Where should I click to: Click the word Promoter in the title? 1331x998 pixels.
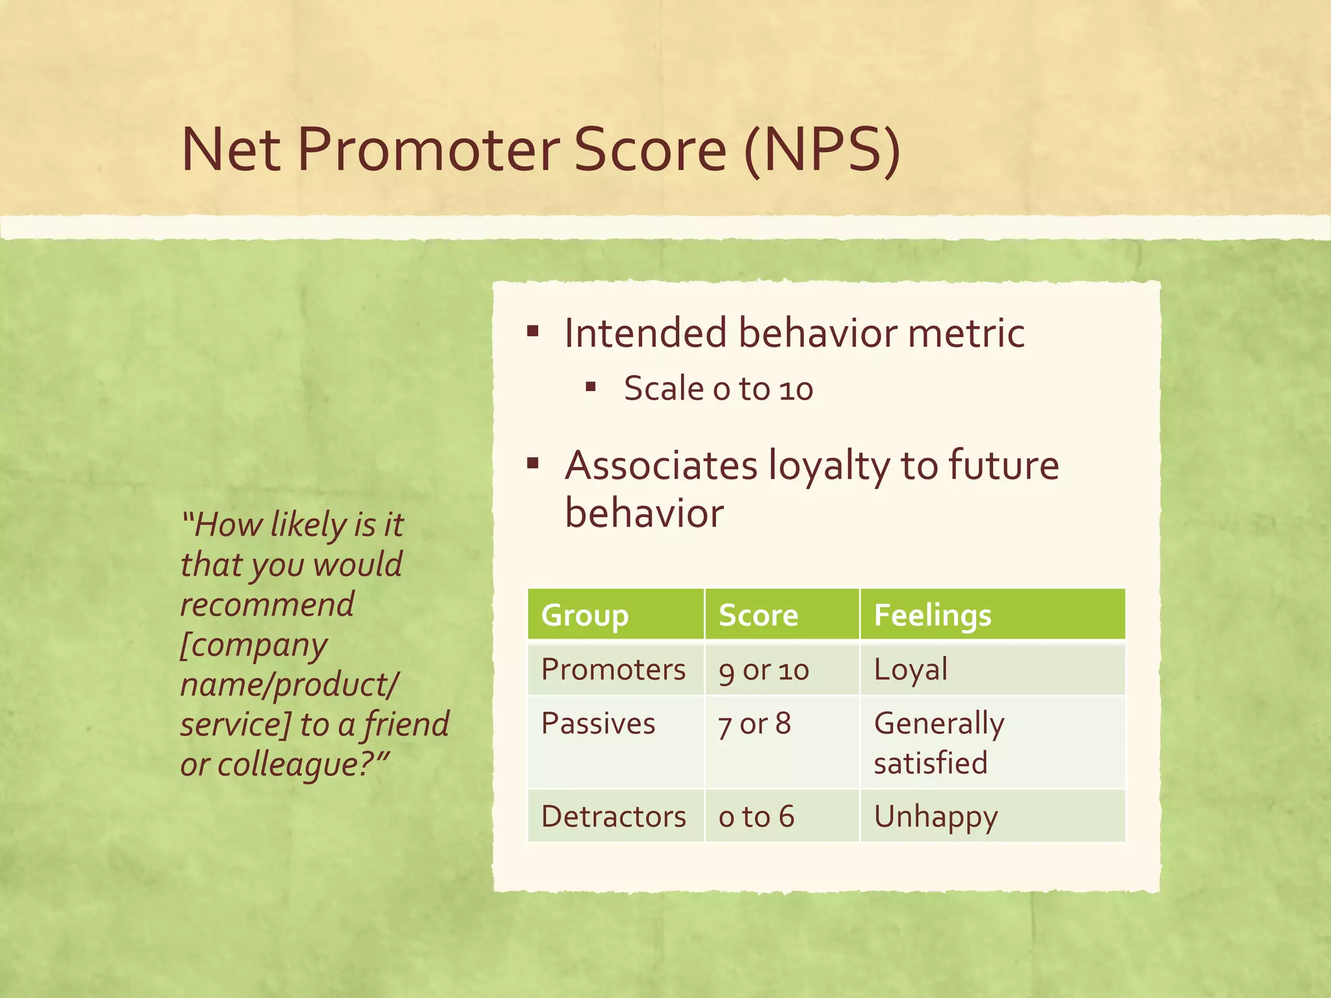[x=428, y=150]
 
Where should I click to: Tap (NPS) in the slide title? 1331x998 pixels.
[x=822, y=150]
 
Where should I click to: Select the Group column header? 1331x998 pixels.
[x=584, y=615]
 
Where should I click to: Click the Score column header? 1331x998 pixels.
[x=758, y=615]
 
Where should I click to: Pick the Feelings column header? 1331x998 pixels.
[x=932, y=615]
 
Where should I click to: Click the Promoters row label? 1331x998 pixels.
[x=613, y=669]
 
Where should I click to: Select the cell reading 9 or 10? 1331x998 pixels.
[x=764, y=670]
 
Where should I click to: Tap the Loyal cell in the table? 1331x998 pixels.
[x=911, y=669]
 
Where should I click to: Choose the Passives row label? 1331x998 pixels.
[x=598, y=723]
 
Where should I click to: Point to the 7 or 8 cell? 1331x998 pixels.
[x=755, y=724]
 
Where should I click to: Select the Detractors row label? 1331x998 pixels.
[x=613, y=816]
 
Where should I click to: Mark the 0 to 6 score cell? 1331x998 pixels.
[x=756, y=817]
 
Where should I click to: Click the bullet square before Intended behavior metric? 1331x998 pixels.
[x=533, y=333]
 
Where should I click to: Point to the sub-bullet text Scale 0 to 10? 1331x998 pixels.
[x=718, y=389]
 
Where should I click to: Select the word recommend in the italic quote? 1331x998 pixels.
[x=267, y=604]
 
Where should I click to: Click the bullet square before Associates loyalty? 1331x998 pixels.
[x=533, y=464]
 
